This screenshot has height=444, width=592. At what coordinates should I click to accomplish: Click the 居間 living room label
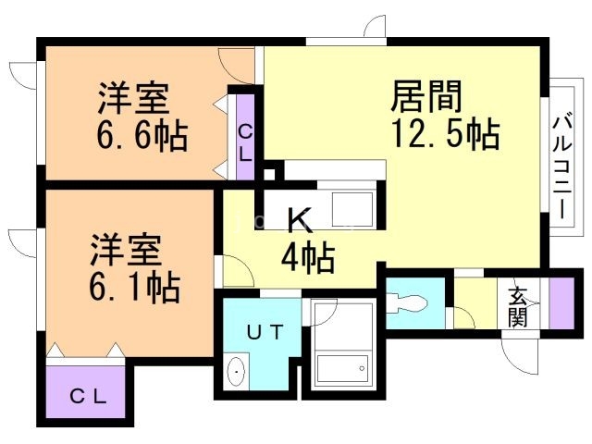tap(426, 96)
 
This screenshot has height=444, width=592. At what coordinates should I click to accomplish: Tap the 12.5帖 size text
tap(446, 133)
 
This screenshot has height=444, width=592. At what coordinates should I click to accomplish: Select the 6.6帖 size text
tap(142, 135)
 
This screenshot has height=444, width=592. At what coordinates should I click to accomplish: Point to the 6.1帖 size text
tap(135, 287)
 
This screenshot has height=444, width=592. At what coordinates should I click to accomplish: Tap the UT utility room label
tap(265, 333)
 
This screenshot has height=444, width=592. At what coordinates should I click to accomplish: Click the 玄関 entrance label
tap(517, 306)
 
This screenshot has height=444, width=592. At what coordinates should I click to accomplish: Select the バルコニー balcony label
tap(562, 167)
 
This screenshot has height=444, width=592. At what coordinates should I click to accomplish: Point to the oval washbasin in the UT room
tap(236, 372)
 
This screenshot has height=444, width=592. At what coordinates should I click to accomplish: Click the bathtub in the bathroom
tap(342, 368)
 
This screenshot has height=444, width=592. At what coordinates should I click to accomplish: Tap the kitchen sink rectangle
tap(352, 210)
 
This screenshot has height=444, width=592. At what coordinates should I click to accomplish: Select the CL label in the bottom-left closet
tap(89, 397)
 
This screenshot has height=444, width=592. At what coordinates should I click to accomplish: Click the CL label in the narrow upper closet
tap(245, 143)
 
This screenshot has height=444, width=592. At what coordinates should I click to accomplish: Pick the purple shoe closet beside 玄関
tap(561, 303)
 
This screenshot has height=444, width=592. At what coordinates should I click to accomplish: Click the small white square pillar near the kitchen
tap(269, 175)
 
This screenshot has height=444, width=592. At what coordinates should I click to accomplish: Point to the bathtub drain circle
tap(362, 368)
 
